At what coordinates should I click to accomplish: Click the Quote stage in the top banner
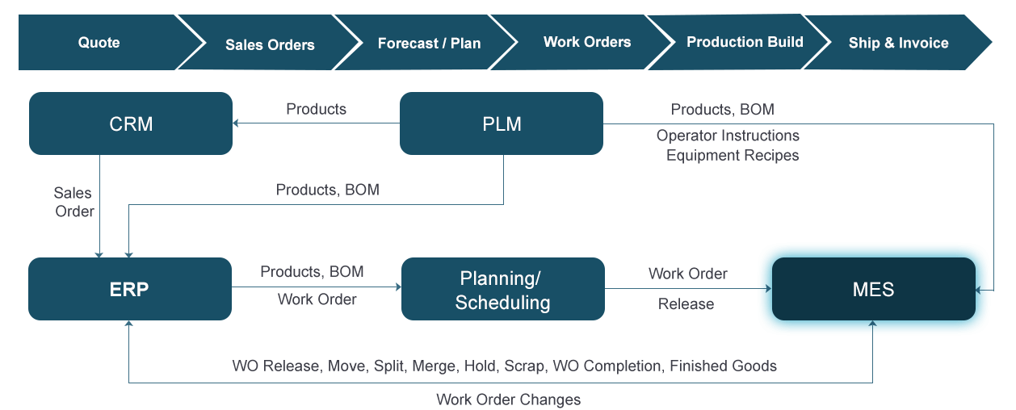[x=99, y=43]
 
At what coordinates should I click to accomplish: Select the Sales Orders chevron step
[x=270, y=44]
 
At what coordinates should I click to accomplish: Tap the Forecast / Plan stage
[x=429, y=44]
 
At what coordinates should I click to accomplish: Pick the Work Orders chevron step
[x=587, y=42]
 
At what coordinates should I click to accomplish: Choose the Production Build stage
[x=745, y=42]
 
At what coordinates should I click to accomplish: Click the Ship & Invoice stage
[x=898, y=43]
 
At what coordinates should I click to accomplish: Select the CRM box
[x=131, y=123]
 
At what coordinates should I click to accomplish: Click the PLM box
[x=502, y=123]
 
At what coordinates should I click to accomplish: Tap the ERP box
[x=129, y=289]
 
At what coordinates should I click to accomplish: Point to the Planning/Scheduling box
[x=502, y=290]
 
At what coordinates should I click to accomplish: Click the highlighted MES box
[x=874, y=289]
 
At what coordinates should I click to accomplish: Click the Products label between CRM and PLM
[x=316, y=109]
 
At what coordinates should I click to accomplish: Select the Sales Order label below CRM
[x=73, y=202]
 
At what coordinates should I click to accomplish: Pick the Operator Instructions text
[x=728, y=136]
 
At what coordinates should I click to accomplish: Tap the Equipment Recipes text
[x=732, y=155]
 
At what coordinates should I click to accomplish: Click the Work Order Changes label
[x=508, y=399]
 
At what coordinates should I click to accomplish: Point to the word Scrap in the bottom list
[x=523, y=366]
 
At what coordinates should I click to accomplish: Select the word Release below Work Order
[x=686, y=303]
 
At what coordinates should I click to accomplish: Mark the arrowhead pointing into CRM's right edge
[x=236, y=123]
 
